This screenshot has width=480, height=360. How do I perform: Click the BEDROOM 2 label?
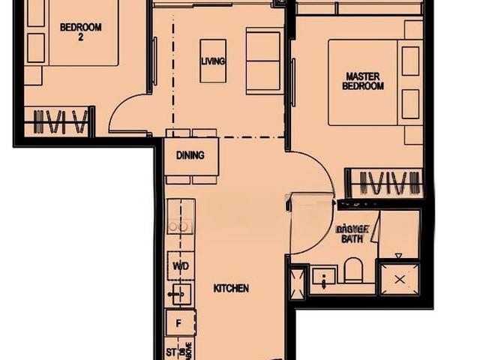(x=80, y=31)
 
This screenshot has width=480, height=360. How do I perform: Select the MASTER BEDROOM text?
(x=364, y=81)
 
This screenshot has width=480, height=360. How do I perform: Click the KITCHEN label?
(x=231, y=288)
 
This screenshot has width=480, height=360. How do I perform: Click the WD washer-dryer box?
(x=180, y=265)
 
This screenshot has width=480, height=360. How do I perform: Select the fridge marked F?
(x=179, y=324)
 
